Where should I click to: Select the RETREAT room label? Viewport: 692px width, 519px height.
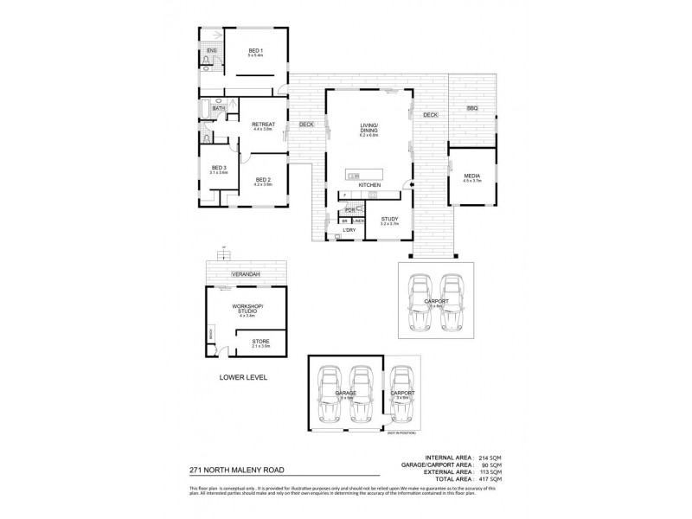263,125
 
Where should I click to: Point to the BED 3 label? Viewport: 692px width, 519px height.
218,168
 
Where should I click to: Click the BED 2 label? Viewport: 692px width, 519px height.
263,179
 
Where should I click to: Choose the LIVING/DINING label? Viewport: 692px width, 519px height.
370,128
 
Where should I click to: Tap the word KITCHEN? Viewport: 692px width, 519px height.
370,186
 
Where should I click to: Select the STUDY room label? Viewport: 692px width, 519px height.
389,220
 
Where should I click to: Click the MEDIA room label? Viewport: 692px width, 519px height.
471,176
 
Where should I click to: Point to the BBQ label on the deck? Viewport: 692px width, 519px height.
471,108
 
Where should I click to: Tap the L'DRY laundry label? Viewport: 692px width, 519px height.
349,230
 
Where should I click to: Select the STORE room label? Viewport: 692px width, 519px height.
260,342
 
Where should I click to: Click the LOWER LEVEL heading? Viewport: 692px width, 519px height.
243,378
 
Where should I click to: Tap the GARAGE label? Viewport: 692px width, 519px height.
346,392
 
